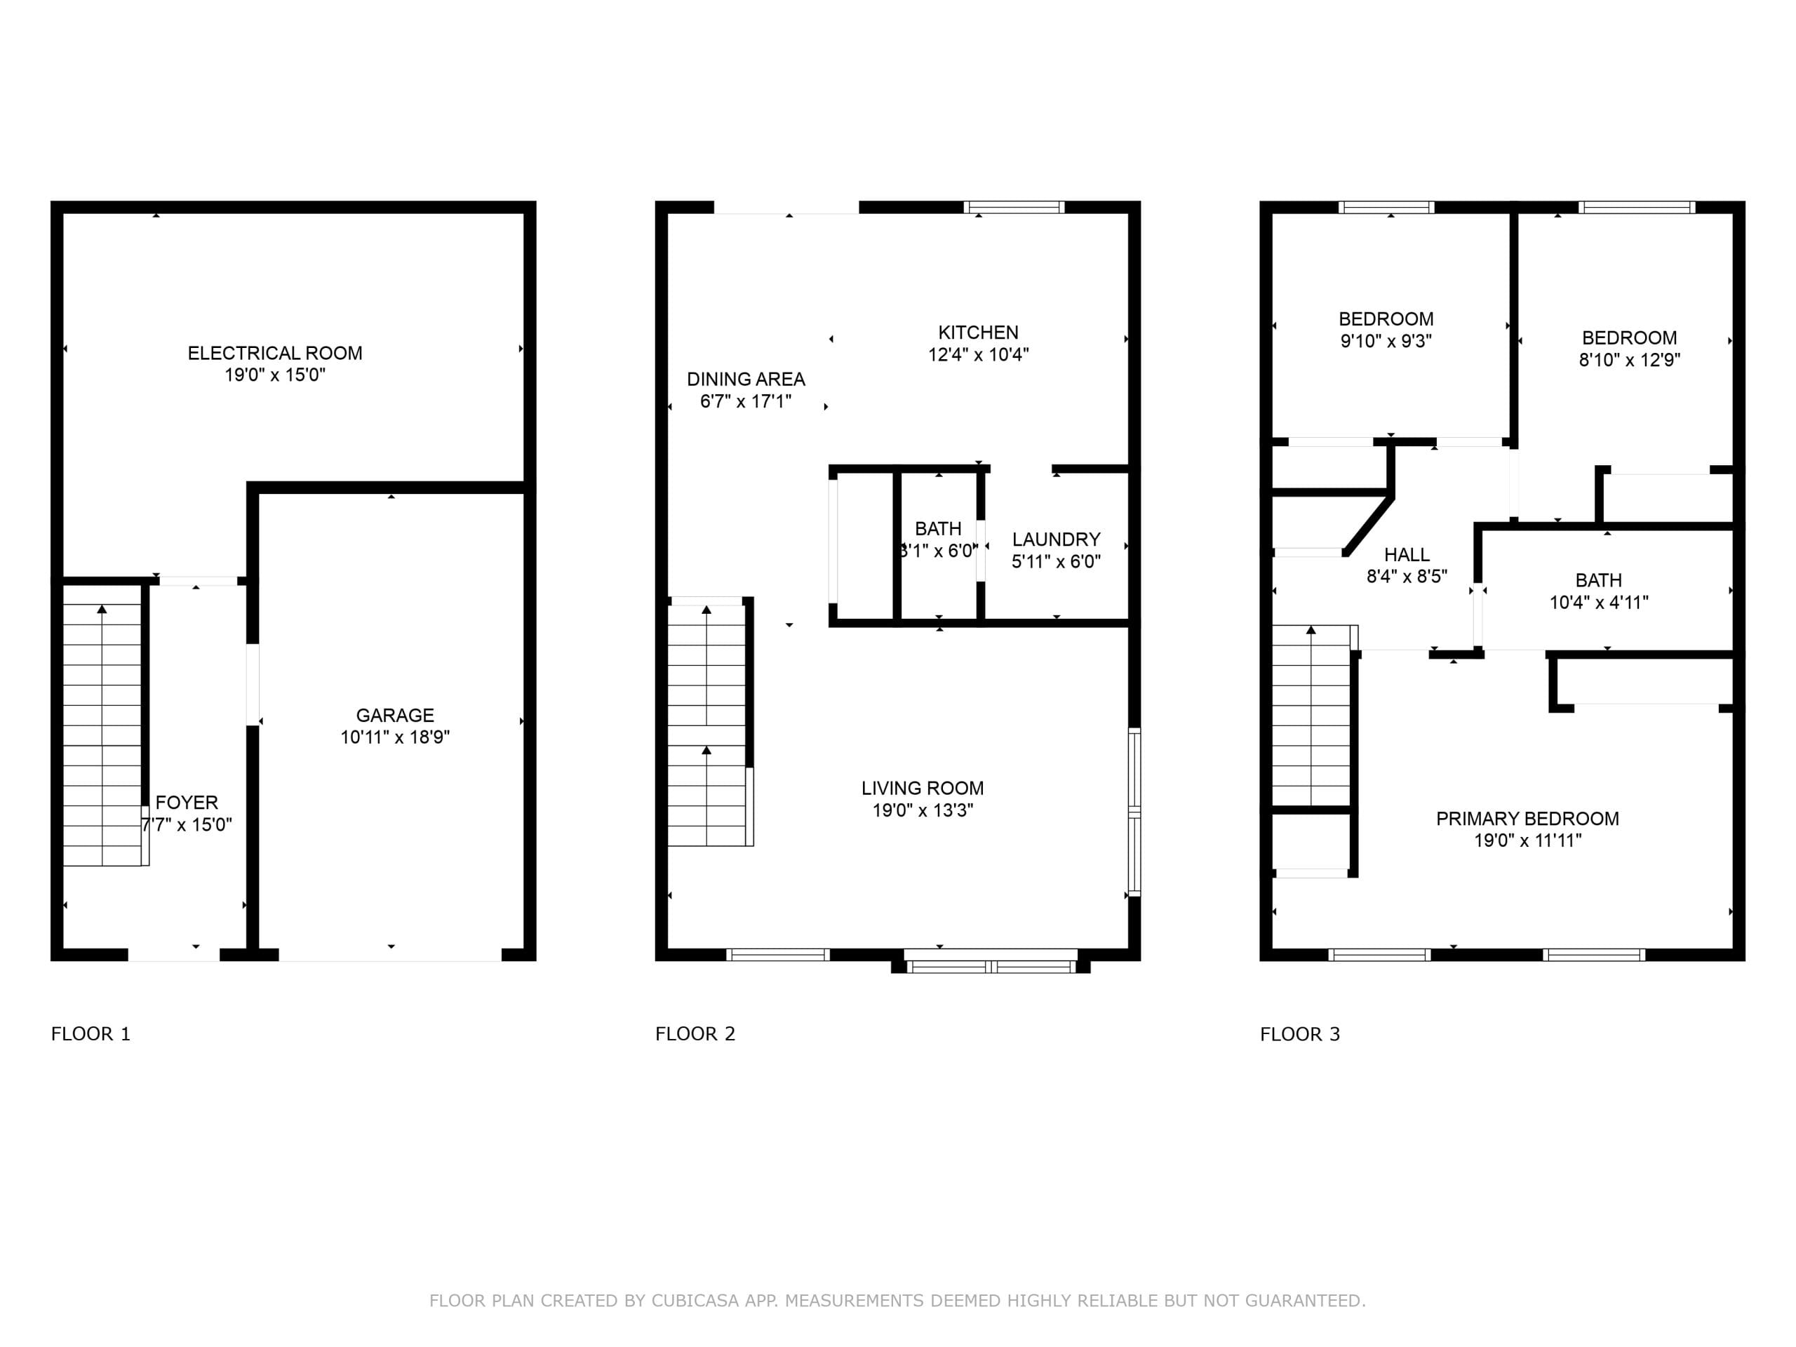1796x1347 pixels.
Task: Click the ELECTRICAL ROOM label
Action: (x=274, y=353)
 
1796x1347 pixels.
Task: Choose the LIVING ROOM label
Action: (x=923, y=788)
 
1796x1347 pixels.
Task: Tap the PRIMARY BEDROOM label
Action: (x=1527, y=819)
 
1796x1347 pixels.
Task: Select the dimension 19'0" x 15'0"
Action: (x=274, y=375)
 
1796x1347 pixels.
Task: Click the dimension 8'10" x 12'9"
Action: (x=1629, y=360)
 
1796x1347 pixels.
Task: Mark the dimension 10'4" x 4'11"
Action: (x=1599, y=603)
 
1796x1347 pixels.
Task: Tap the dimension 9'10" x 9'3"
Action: (x=1386, y=341)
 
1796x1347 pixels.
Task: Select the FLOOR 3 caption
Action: (x=1300, y=1033)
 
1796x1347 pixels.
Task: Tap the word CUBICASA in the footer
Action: (x=695, y=1301)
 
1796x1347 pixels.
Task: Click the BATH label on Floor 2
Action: (x=938, y=528)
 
